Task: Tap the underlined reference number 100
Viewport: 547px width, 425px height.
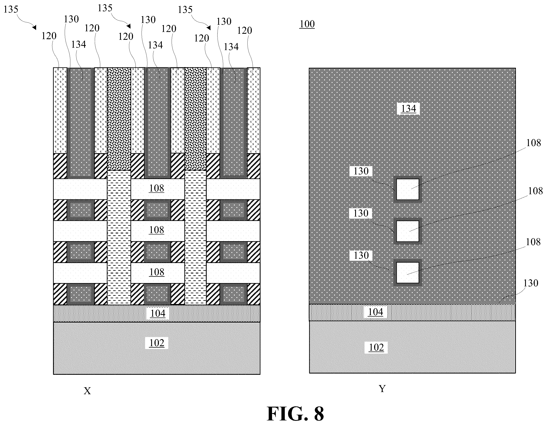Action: click(307, 24)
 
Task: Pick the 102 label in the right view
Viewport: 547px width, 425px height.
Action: click(376, 347)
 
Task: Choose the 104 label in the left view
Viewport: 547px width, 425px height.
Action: click(158, 313)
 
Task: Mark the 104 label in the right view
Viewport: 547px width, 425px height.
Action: click(375, 312)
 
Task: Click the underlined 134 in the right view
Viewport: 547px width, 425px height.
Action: click(409, 109)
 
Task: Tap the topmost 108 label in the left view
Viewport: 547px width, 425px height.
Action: click(157, 188)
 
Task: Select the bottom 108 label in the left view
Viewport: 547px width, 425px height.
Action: click(157, 272)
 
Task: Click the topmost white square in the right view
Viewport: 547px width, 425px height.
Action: click(408, 189)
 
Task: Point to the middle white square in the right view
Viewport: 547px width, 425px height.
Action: click(408, 231)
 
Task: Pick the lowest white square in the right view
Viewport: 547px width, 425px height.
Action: click(408, 272)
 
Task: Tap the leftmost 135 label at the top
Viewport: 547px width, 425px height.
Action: click(11, 10)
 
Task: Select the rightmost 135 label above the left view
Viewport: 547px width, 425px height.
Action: click(185, 10)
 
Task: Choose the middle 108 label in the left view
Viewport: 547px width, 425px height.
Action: click(157, 230)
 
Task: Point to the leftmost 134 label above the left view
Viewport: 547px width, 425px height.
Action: click(79, 44)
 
